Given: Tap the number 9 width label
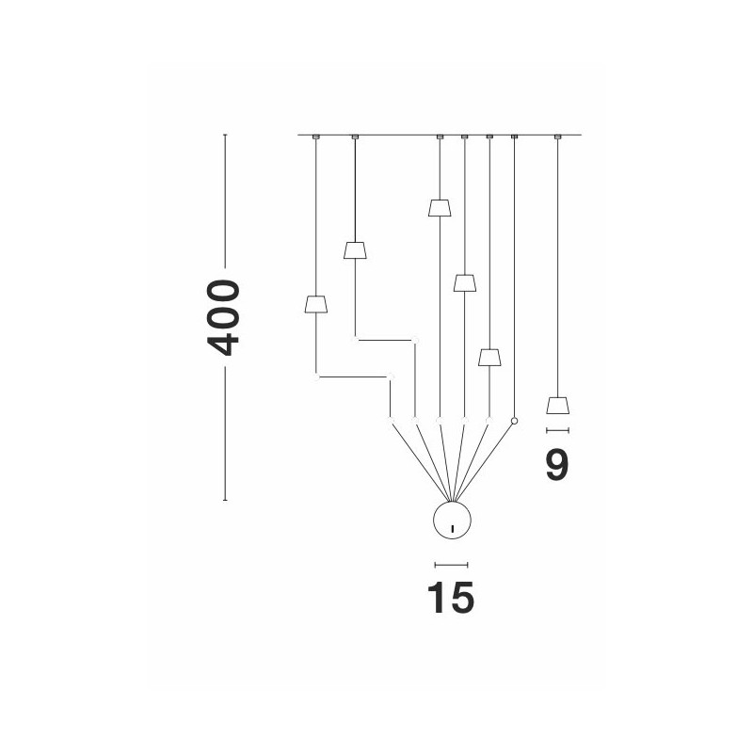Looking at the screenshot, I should tap(557, 465).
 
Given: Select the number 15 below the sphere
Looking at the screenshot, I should tap(451, 598).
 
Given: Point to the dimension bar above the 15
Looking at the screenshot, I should tap(451, 565).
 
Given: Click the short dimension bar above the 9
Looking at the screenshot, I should tap(558, 430).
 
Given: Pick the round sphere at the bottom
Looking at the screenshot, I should tap(451, 521).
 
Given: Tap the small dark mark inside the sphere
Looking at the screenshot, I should tap(452, 527).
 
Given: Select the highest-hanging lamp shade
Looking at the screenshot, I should tap(439, 207).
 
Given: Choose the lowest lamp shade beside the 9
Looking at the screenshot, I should tap(558, 406).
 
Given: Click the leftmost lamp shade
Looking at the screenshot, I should tap(315, 303).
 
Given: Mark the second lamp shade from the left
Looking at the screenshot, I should tap(355, 249).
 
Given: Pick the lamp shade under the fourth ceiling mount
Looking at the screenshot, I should tap(464, 282).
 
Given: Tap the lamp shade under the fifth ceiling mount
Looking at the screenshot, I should tap(489, 357).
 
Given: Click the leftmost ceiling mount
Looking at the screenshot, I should tap(315, 137).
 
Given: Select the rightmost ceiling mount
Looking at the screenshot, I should tap(558, 137).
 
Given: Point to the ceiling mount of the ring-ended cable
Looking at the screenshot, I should tap(514, 137).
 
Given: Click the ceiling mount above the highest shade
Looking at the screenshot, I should tap(440, 137).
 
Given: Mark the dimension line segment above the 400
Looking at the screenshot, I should tap(225, 202).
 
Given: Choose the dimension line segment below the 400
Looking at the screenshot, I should tap(225, 433).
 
